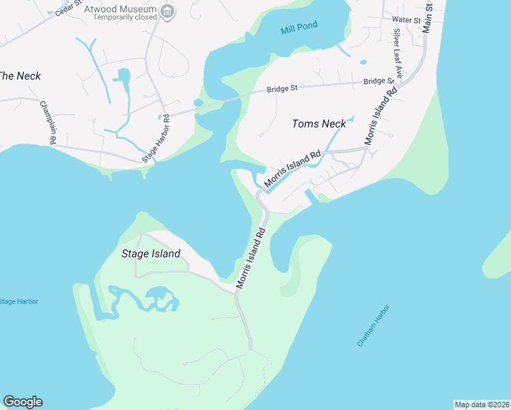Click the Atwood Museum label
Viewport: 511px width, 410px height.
click(x=120, y=10)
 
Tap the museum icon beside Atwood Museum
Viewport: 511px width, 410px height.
click(x=168, y=11)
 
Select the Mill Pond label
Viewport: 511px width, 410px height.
click(x=299, y=29)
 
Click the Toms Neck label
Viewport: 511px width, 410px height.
click(x=318, y=124)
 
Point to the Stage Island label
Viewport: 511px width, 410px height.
click(x=150, y=254)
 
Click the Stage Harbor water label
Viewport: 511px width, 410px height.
click(x=18, y=301)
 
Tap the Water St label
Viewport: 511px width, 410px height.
click(x=406, y=20)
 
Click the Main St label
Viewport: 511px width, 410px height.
click(x=428, y=16)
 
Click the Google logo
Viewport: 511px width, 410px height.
click(x=23, y=402)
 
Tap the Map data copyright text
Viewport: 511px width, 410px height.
click(x=482, y=405)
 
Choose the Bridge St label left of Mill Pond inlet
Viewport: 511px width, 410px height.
click(x=282, y=89)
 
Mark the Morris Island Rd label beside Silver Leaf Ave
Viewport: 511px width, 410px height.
click(x=381, y=114)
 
